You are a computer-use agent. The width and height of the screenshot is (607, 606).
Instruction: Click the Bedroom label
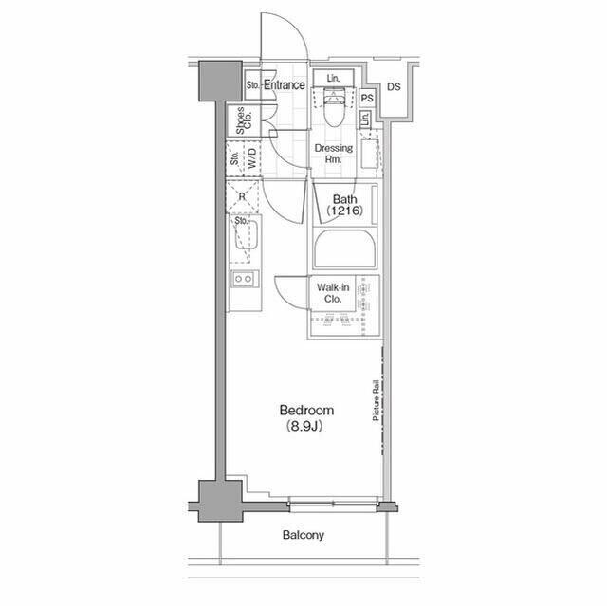click(x=306, y=411)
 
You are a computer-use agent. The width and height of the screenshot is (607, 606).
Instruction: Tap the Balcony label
click(x=303, y=535)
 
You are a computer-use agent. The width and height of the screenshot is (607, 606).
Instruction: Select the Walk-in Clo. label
click(x=333, y=293)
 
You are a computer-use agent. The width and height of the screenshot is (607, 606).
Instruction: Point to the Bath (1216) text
click(x=344, y=205)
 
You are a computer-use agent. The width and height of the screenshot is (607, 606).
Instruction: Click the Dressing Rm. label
click(x=333, y=154)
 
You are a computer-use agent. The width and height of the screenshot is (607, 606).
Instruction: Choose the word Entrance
click(x=285, y=84)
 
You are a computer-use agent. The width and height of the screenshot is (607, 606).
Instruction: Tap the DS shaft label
click(x=394, y=86)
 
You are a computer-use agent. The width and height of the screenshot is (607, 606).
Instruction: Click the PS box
click(x=367, y=99)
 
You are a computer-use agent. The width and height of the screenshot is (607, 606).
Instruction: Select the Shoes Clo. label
click(x=244, y=120)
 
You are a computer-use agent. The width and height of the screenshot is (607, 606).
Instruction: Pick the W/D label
click(x=252, y=157)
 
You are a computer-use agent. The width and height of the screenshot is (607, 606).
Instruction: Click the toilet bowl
click(x=333, y=110)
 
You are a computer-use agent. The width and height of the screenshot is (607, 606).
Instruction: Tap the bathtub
click(x=344, y=248)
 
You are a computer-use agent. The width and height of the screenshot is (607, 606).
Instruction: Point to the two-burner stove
click(x=245, y=279)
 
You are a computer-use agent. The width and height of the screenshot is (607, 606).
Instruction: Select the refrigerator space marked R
click(x=243, y=196)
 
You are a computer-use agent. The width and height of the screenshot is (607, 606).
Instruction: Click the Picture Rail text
click(x=376, y=401)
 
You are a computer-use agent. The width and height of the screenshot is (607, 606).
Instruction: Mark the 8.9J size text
click(x=304, y=427)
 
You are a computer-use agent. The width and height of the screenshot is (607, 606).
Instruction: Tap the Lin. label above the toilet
click(x=333, y=78)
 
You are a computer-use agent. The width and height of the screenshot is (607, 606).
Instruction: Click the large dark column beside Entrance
click(x=220, y=81)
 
